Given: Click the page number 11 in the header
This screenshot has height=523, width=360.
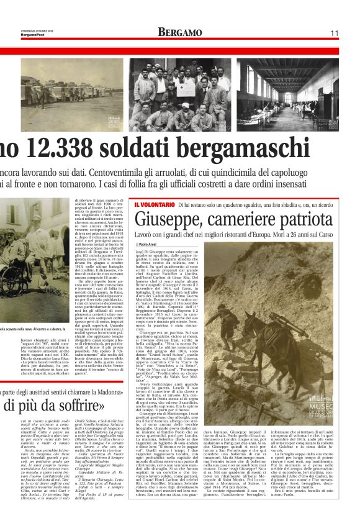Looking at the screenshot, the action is click(x=333, y=32).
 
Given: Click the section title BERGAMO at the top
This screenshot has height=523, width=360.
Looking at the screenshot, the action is click(x=179, y=32).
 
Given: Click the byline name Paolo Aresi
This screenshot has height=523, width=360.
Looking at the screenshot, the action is click(x=149, y=245).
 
